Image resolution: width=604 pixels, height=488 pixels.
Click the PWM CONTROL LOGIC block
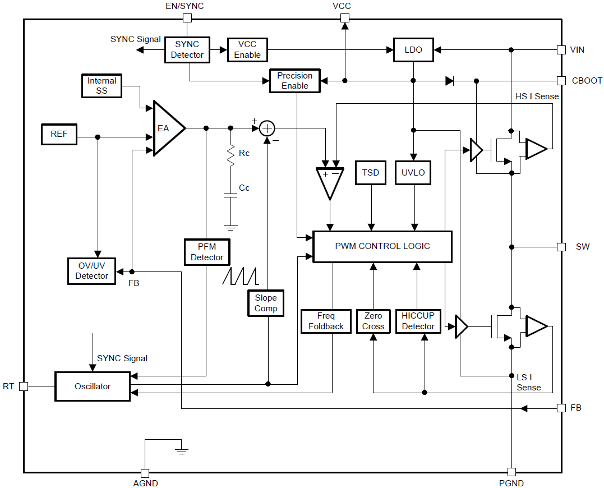(x=382, y=246)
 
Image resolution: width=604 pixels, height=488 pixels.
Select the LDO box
(x=413, y=50)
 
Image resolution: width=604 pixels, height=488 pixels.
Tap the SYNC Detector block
(x=187, y=50)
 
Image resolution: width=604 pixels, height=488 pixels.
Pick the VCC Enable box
(x=247, y=50)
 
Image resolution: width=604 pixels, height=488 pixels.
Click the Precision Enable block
(x=294, y=81)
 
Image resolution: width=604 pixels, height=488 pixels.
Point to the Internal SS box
(x=102, y=86)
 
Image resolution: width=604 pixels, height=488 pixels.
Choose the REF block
(x=59, y=135)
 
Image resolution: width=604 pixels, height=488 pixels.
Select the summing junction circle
(x=268, y=128)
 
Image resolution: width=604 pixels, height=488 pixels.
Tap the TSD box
(x=370, y=173)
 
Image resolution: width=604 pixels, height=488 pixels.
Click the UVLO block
(x=414, y=173)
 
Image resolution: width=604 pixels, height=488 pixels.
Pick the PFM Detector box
(x=207, y=252)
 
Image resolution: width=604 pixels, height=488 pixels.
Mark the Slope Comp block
(x=266, y=303)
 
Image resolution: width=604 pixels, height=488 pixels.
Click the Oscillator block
(x=93, y=386)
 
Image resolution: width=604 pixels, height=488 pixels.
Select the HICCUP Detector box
(x=418, y=321)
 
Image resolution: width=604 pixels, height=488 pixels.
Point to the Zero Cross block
(x=373, y=321)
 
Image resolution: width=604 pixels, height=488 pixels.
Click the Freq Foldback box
(x=326, y=321)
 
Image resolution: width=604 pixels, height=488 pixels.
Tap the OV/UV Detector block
(x=91, y=271)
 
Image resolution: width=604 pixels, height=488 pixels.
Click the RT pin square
(x=23, y=386)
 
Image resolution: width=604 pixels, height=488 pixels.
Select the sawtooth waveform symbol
(x=239, y=276)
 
